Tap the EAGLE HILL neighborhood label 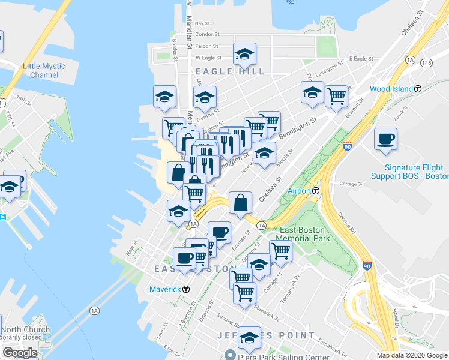point(231,71)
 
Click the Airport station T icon point(316,191)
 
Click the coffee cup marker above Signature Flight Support point(385,139)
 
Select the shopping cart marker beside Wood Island point(337,95)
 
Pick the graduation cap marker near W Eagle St point(244,54)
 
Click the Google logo point(20,353)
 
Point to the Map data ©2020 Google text point(411,355)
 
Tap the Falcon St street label point(206,46)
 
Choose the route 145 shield point(427,62)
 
